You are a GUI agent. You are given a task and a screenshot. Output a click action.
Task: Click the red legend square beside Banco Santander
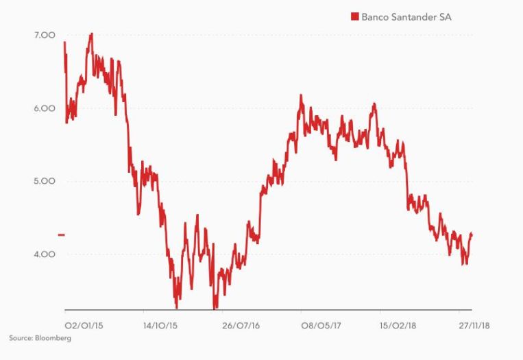tap(354, 17)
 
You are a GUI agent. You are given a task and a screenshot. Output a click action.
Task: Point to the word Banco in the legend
tap(376, 17)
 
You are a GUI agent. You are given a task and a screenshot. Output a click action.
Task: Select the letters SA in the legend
tap(446, 17)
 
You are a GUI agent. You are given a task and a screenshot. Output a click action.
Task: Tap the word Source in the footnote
tap(20, 338)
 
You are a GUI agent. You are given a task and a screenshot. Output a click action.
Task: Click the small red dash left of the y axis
tap(61, 235)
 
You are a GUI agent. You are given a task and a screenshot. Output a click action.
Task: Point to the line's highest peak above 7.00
tap(92, 33)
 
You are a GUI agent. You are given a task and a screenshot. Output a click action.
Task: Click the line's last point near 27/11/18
tap(472, 235)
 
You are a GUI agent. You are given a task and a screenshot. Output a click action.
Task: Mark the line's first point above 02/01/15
tap(64, 43)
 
